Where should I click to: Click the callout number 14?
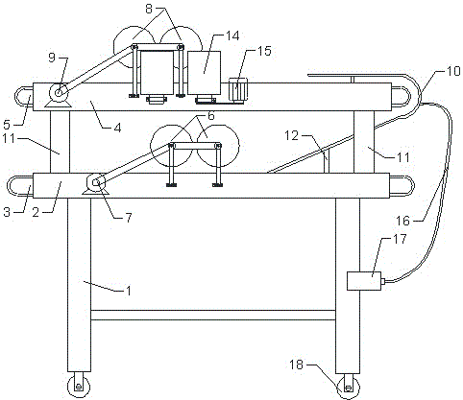[232, 36]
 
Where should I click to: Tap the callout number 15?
[264, 51]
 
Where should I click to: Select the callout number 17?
[400, 239]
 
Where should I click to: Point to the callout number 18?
[296, 365]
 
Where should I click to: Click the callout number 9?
[52, 58]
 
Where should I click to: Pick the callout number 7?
[129, 218]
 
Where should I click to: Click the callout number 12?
[291, 136]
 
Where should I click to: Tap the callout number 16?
[402, 221]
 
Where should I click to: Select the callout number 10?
[453, 71]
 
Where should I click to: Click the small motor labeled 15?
[237, 90]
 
